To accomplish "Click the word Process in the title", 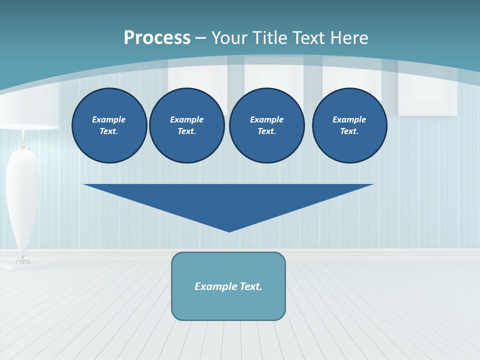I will pos(157,38).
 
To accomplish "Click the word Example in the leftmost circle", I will pos(109,119).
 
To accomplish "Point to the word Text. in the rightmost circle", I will pos(349,131).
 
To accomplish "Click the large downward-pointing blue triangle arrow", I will pos(228,200).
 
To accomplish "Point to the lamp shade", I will pos(22,112).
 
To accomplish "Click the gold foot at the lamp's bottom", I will pos(22,261).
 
